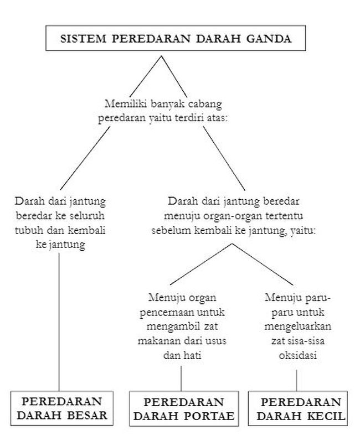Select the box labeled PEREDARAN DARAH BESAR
[59, 408]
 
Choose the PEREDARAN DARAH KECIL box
[297, 408]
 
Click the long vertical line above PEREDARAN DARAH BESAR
[59, 321]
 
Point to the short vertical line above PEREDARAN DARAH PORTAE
[181, 379]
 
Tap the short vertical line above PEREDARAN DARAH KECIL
[297, 379]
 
